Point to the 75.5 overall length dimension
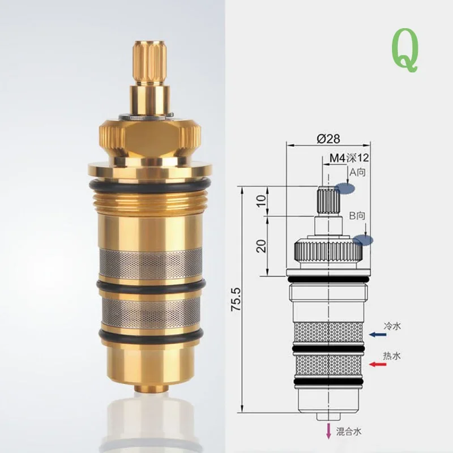pos(236,299)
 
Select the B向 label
pos(358,216)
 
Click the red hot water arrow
pos(377,364)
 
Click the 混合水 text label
pos(349,432)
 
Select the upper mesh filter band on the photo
pos(149,261)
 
